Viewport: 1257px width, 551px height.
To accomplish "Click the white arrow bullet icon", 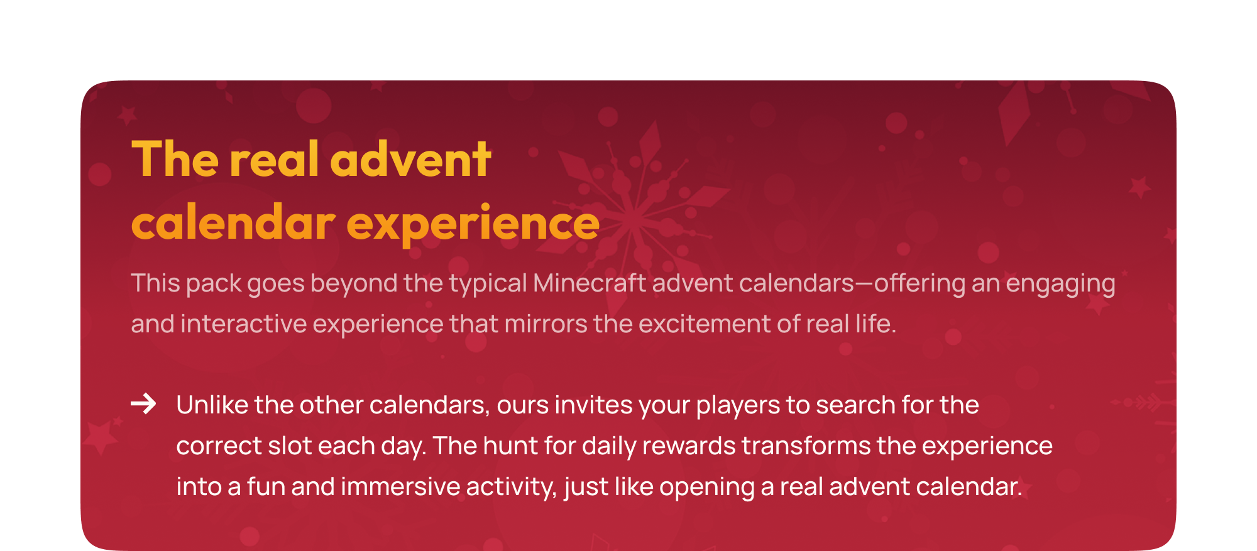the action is click(143, 403).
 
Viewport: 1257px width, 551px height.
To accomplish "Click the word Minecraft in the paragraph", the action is click(590, 283).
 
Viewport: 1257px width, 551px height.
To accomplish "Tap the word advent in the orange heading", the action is click(410, 159).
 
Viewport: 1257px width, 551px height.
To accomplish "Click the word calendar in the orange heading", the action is click(233, 222).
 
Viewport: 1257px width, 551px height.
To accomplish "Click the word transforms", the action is click(806, 446).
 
